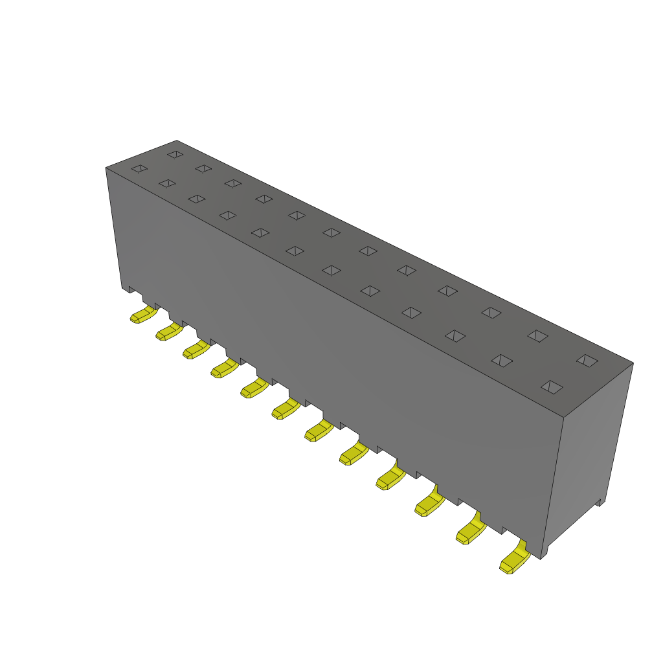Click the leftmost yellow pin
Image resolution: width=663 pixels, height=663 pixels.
(143, 315)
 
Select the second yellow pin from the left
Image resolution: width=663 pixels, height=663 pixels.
(169, 332)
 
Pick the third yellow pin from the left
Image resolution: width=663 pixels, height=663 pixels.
(196, 350)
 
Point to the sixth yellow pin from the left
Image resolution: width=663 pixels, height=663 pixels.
(286, 409)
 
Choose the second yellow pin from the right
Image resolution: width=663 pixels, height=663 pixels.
(471, 532)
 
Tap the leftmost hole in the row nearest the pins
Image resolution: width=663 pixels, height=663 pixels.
(139, 169)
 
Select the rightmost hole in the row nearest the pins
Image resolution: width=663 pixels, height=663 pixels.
(552, 387)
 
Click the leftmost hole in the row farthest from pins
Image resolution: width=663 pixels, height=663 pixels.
(175, 154)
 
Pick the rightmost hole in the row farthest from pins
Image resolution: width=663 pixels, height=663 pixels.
(587, 360)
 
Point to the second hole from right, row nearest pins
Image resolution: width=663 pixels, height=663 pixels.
(502, 360)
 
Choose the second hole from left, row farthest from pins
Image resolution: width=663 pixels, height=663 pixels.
(203, 168)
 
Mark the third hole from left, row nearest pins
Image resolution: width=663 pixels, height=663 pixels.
(197, 198)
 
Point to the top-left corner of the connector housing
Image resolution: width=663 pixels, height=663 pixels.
(106, 168)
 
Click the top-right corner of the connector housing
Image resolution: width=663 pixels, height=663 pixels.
(633, 363)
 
